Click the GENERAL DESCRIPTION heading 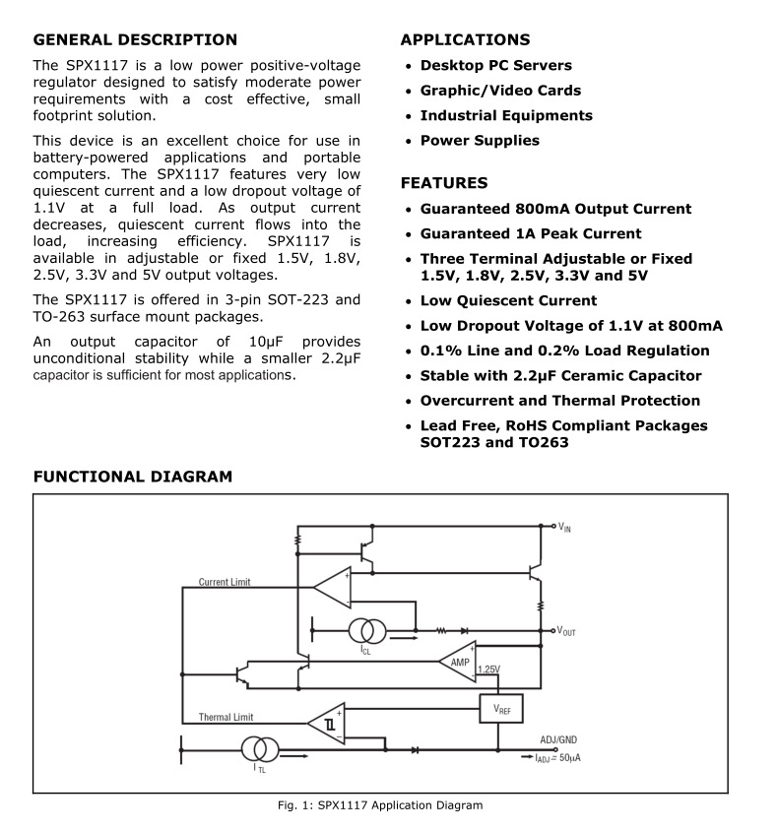(x=135, y=40)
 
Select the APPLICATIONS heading (x=465, y=40)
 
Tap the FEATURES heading (x=444, y=183)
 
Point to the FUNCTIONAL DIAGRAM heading (x=133, y=477)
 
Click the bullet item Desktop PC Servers (x=495, y=66)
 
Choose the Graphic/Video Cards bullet (x=500, y=91)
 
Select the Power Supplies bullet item (x=480, y=141)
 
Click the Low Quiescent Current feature (x=508, y=301)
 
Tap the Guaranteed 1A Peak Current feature (x=531, y=234)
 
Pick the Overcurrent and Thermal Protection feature (x=560, y=401)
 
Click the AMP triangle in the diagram (x=458, y=662)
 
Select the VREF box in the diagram (x=501, y=708)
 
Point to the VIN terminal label (x=564, y=528)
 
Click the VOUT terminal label (x=566, y=630)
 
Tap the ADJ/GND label (x=558, y=739)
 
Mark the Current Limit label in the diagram (x=225, y=582)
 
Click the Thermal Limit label (x=226, y=717)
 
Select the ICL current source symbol (x=367, y=630)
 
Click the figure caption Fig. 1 (x=380, y=805)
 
